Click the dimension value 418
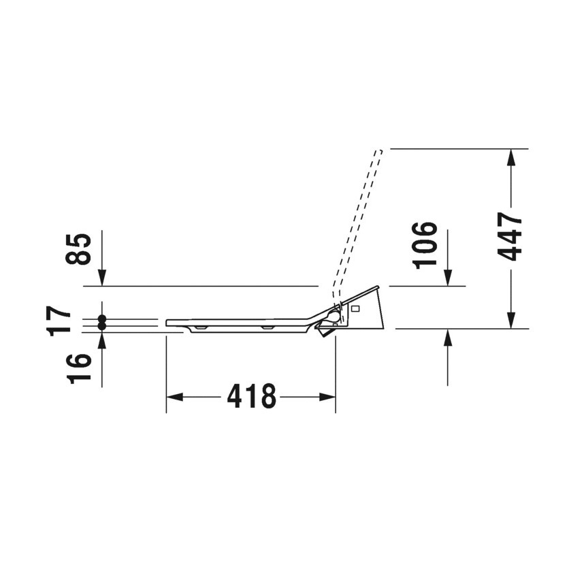pos(251,396)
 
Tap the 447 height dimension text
pos(510,237)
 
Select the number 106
pos(425,246)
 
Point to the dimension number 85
pos(78,248)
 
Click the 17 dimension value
pos(60,321)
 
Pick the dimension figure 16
pos(78,368)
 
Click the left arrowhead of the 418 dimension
pos(174,397)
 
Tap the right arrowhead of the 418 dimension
pos(327,397)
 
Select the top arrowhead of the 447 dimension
pos(511,157)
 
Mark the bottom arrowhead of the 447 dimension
pos(511,321)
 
